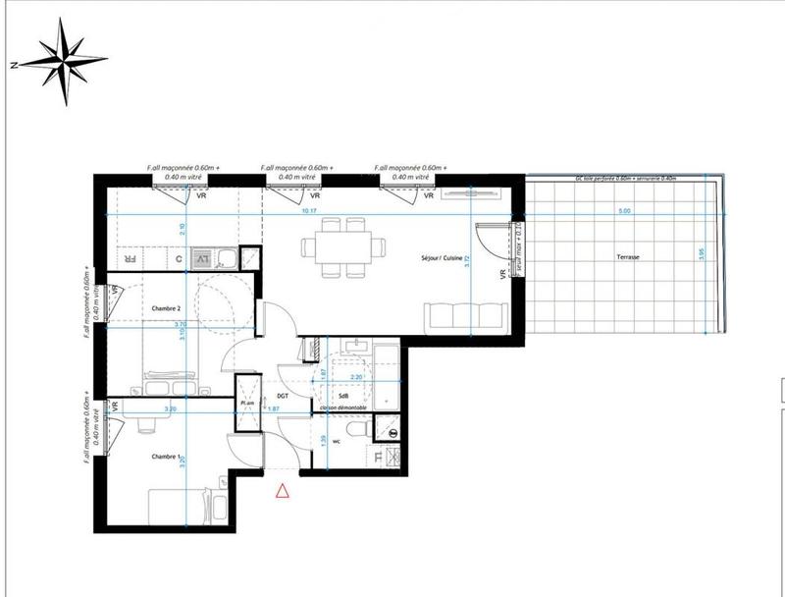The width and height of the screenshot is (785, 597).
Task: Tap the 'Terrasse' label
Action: coord(628,257)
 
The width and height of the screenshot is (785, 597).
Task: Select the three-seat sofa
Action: coord(465,316)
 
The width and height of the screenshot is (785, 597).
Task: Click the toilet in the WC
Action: coord(358,428)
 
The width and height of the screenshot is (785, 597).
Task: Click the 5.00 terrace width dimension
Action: coord(624,212)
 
